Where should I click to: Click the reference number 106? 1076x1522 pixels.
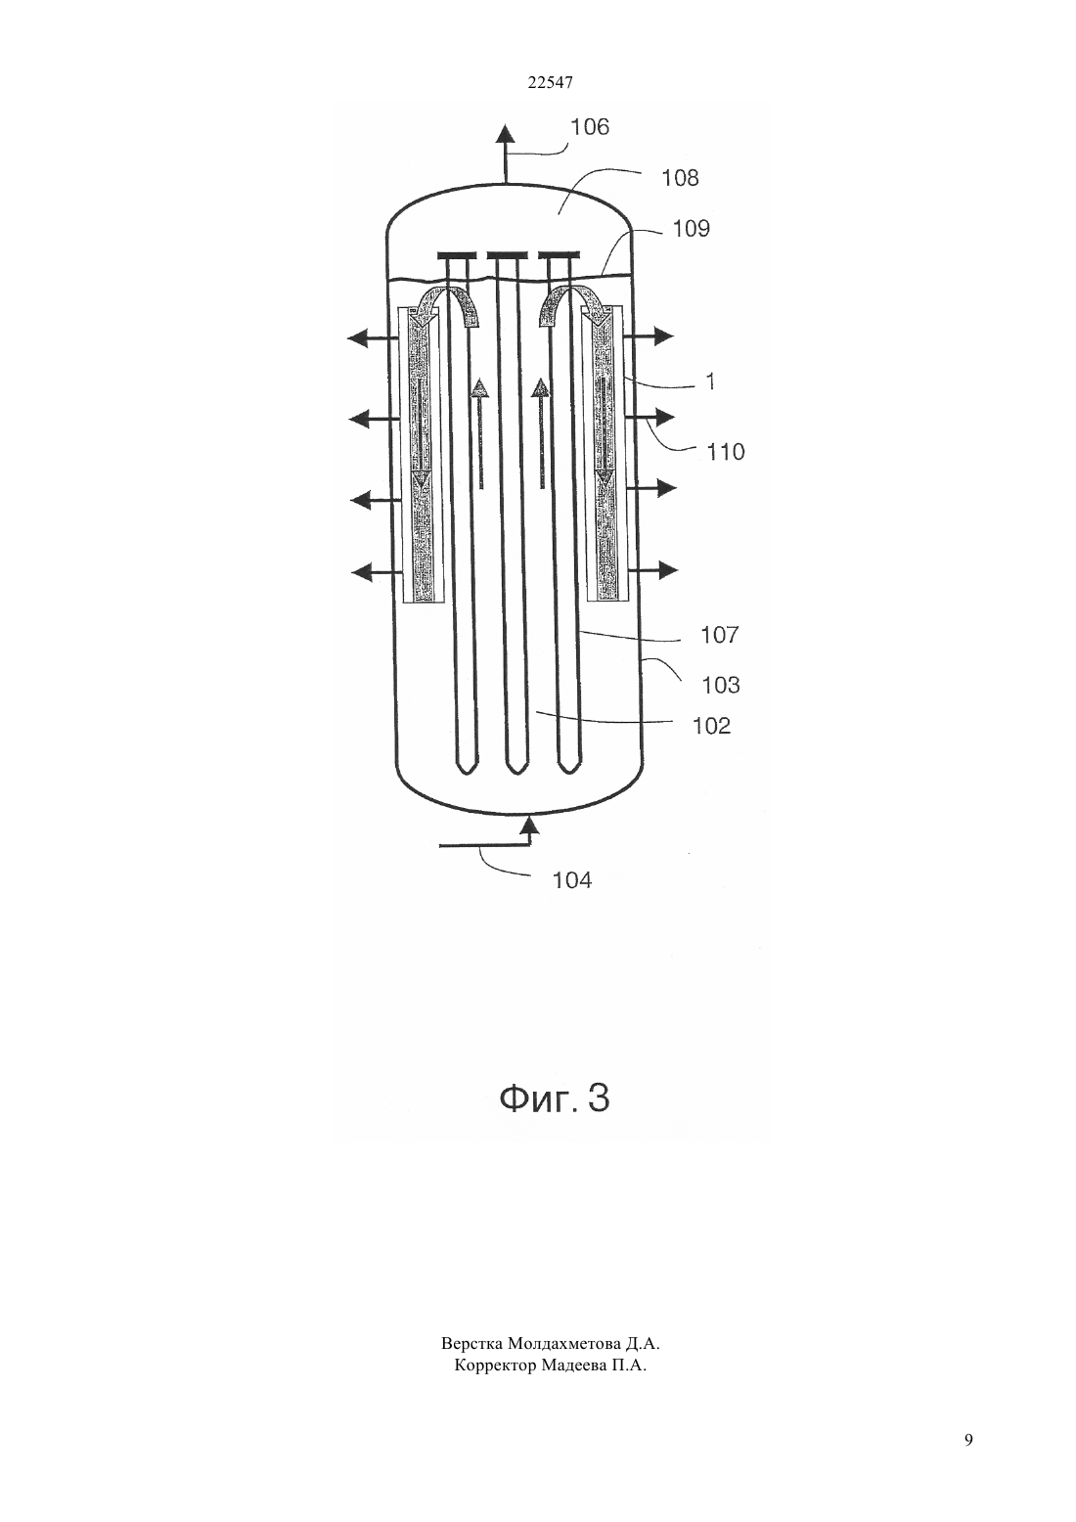[x=590, y=127]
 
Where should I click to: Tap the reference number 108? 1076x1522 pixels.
[x=680, y=178]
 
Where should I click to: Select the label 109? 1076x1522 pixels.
[x=691, y=228]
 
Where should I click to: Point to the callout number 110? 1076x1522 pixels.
[x=726, y=452]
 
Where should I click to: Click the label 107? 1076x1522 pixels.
[x=719, y=635]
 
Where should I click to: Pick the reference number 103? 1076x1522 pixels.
[x=721, y=685]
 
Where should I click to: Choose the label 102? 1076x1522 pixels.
[x=711, y=727]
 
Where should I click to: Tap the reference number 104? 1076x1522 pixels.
[x=572, y=880]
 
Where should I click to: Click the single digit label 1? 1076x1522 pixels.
[x=710, y=382]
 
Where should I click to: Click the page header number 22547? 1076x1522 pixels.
[x=550, y=83]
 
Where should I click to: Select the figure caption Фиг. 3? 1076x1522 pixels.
[x=555, y=1098]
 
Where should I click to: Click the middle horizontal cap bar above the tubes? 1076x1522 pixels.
[x=508, y=256]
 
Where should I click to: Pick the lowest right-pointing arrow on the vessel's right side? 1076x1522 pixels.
[x=652, y=570]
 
